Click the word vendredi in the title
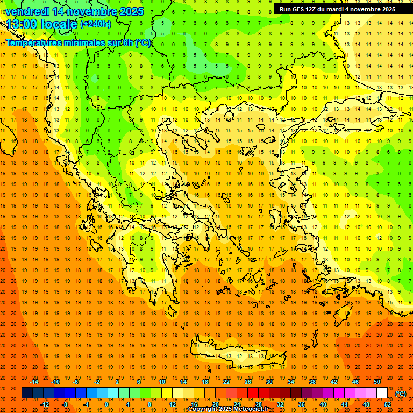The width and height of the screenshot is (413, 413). pos(27,11)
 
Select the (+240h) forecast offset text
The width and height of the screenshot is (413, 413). pos(96,24)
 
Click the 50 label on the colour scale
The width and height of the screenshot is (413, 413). pos(377,382)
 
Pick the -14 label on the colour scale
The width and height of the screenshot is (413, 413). pos(34,382)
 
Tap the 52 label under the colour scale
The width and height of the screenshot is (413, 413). pos(388,404)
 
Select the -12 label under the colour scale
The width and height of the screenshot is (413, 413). pos(45,404)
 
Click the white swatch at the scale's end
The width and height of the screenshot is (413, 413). pos(382,393)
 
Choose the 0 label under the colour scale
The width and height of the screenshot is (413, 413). pos(106,404)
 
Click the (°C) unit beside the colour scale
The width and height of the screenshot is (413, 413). pos(401,394)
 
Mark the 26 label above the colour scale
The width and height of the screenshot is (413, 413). pos(248,382)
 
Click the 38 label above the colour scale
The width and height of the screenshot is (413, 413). pos(312,382)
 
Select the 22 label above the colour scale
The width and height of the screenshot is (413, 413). pos(226,382)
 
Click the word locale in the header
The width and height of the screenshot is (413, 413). pos(61,24)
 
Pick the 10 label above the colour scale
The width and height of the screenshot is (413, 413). pos(162,382)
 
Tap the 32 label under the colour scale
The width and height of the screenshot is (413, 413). pos(280,404)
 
